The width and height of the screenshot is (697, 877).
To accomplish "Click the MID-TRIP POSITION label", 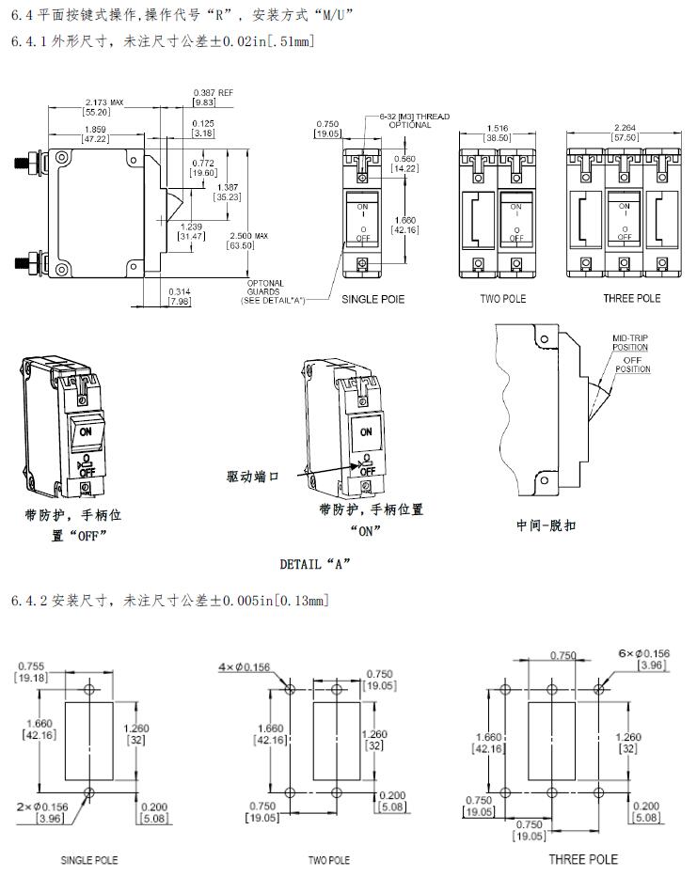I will coord(630,343).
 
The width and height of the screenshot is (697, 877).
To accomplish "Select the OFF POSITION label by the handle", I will coord(632,365).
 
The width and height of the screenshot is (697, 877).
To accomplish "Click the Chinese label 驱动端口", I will coord(254,477).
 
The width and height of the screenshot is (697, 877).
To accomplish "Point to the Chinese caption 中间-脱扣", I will coord(546,525).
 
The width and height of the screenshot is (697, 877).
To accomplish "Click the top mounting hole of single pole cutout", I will coord(88,689).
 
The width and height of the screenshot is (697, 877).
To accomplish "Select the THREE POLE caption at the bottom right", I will coord(583,859).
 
